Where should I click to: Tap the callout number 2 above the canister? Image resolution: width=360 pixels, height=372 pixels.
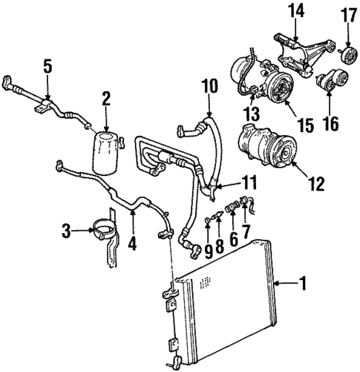[x=105, y=98]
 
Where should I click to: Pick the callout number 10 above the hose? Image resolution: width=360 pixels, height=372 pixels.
[x=206, y=88]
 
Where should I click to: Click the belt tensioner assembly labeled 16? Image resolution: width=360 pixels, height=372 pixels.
[x=332, y=80]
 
